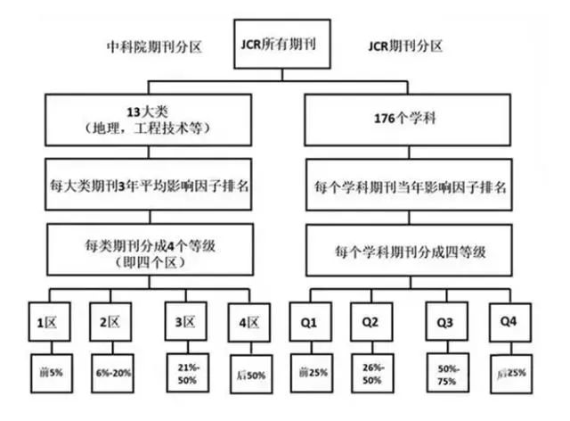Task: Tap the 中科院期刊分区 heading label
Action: [151, 45]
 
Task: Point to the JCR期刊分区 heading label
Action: [410, 45]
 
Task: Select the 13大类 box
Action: [151, 120]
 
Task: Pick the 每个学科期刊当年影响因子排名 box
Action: [411, 188]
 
